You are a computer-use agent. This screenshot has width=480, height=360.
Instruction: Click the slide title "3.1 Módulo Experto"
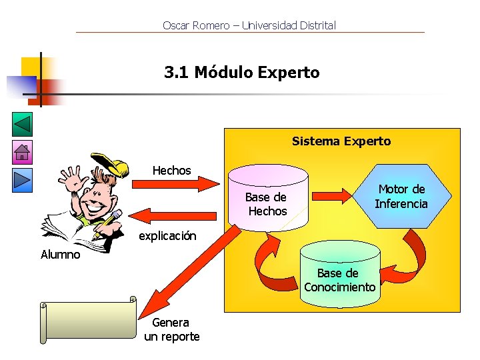pos(242,73)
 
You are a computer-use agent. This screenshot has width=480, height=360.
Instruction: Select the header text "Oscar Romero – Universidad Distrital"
pos(249,26)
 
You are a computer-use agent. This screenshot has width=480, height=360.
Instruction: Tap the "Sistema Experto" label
pos(341,141)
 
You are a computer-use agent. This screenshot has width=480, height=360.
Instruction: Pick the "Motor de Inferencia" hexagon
pos(401,196)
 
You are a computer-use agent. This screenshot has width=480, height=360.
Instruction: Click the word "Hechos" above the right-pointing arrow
pos(171,171)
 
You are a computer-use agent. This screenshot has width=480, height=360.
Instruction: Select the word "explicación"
pos(167,236)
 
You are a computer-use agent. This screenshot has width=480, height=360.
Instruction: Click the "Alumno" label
pos(60,255)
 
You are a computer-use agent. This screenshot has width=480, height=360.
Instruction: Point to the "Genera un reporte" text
pos(172,330)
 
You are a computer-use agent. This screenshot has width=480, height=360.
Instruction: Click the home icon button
pos(22,153)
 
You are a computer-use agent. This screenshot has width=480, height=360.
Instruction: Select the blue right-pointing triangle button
pos(22,180)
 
